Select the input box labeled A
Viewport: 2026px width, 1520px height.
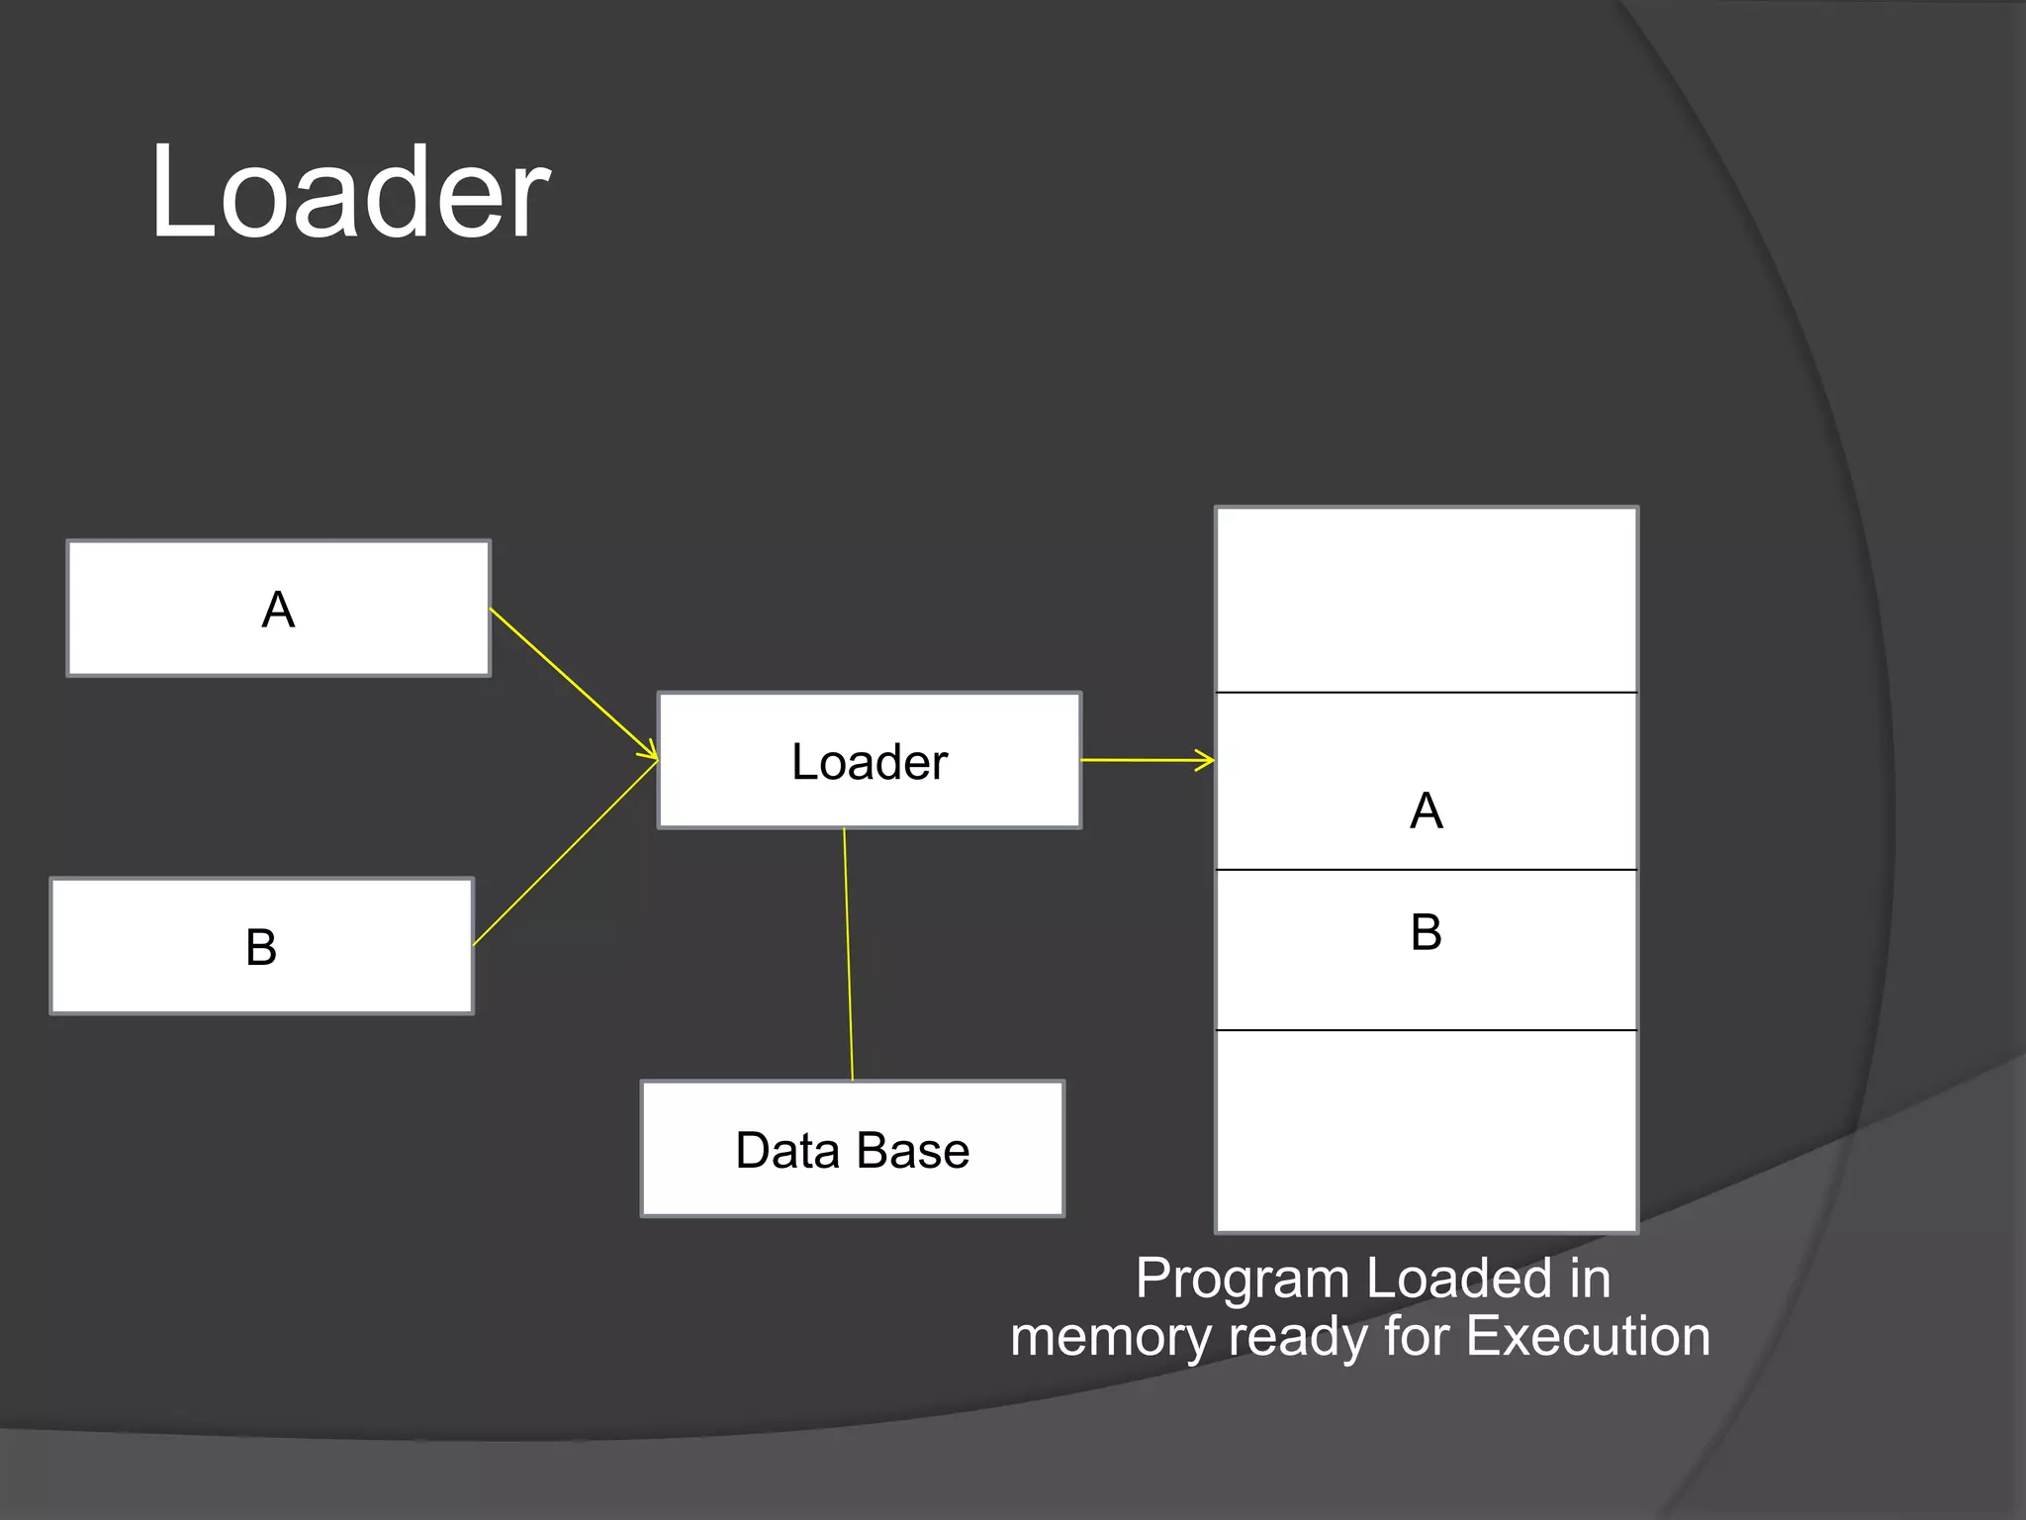tap(278, 609)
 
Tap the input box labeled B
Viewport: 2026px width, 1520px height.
tap(261, 946)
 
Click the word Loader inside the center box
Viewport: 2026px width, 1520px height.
tap(869, 762)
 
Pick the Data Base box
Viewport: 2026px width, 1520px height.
tap(853, 1149)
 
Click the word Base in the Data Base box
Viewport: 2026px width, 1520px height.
tap(912, 1151)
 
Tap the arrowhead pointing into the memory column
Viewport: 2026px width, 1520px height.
tap(1206, 760)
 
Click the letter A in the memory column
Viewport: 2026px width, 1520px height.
tap(1426, 811)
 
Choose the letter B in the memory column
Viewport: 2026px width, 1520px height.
tap(1426, 932)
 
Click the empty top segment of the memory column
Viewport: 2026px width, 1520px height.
tap(1426, 600)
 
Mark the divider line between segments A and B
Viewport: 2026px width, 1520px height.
tap(1426, 870)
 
